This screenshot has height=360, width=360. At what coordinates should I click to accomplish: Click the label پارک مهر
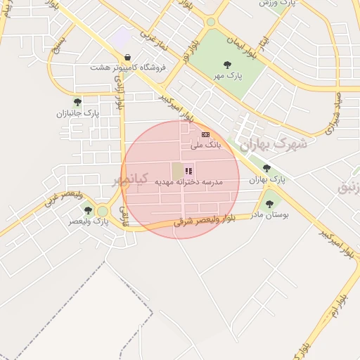[228, 75]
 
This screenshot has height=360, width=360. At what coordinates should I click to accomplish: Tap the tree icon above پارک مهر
[228, 65]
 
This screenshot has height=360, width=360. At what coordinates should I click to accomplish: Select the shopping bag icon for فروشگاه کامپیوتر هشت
[127, 58]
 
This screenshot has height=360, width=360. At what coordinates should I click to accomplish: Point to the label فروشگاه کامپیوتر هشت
[127, 68]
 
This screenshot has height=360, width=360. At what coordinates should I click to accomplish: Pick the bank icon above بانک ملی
[205, 134]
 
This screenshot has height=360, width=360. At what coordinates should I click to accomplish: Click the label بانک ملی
[207, 144]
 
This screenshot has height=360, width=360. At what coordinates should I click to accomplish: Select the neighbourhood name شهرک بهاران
[274, 144]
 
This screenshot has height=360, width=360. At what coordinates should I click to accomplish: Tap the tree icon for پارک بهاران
[266, 168]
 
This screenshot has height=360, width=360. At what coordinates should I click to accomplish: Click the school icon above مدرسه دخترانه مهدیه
[188, 170]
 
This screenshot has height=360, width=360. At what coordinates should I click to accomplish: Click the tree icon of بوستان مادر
[269, 204]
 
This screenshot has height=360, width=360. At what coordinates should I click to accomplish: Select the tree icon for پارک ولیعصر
[88, 210]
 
